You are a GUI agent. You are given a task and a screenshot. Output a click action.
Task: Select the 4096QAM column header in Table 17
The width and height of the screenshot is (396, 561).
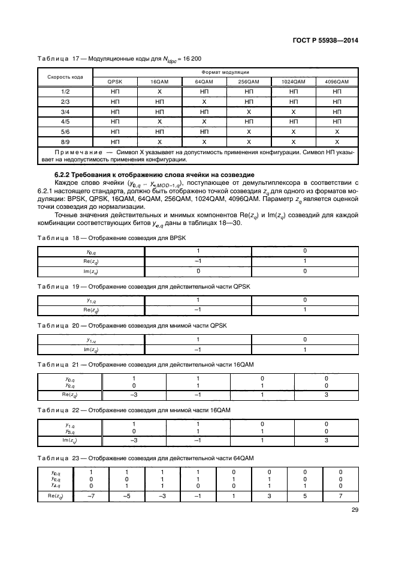click(x=337, y=82)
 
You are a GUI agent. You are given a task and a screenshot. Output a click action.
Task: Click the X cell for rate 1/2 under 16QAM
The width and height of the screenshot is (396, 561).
click(x=159, y=91)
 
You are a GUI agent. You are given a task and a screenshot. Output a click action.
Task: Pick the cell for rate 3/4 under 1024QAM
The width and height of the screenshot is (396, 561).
click(x=292, y=111)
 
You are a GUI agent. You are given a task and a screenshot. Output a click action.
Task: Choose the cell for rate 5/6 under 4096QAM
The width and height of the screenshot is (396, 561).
click(x=337, y=131)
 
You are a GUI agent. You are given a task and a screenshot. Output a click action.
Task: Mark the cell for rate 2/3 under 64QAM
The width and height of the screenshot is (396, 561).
click(x=204, y=101)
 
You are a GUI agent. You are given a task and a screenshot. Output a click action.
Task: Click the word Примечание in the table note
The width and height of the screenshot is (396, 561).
click(x=71, y=152)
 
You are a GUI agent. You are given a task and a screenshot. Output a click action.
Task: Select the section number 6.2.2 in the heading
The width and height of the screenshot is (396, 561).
click(x=64, y=173)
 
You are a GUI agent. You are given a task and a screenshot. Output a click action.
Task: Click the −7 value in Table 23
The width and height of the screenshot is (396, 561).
click(x=91, y=496)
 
